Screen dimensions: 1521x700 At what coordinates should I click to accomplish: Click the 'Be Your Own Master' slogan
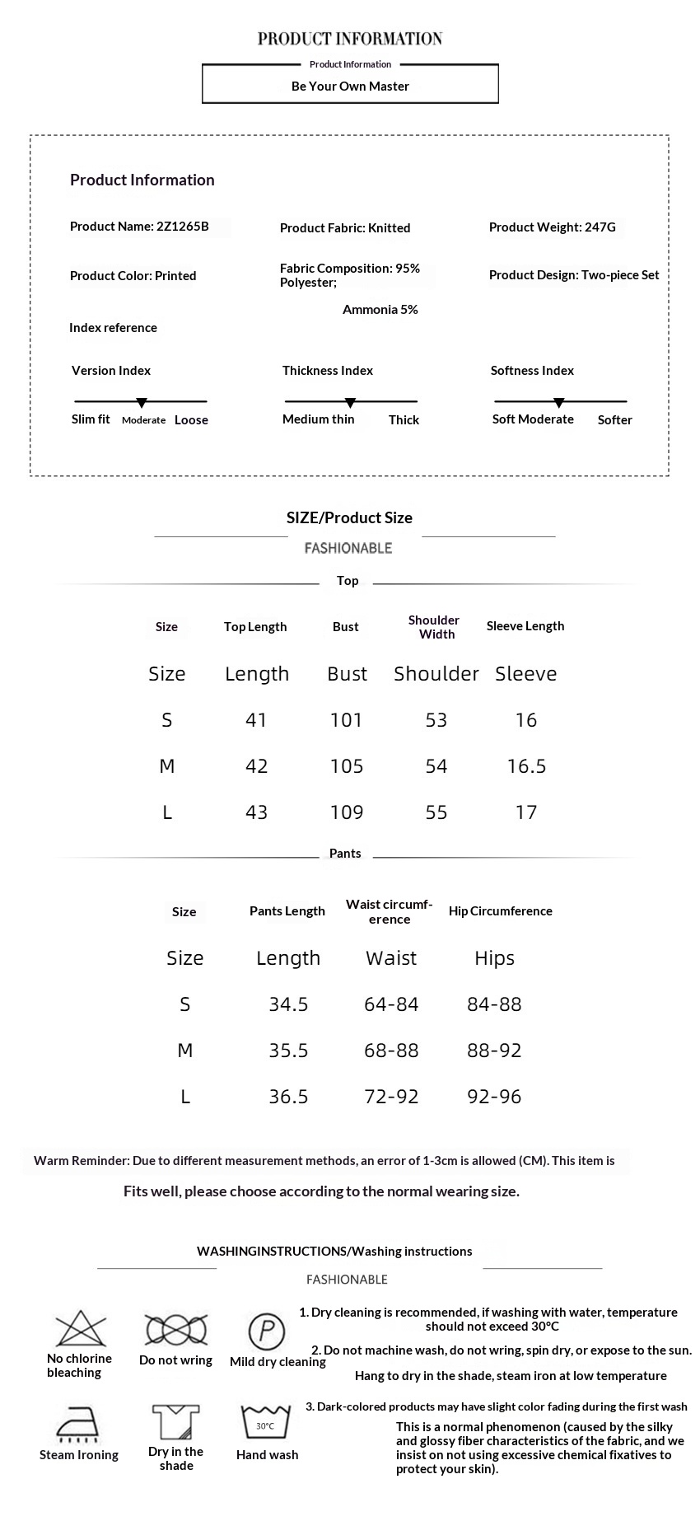[350, 86]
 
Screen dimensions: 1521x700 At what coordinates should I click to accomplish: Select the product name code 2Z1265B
[182, 227]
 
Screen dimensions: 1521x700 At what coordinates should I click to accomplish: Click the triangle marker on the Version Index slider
[142, 403]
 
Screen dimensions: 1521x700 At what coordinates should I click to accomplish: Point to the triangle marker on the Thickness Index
[350, 403]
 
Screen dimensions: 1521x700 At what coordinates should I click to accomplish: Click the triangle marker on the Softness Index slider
[559, 403]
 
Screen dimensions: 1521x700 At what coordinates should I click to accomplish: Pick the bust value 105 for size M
[346, 766]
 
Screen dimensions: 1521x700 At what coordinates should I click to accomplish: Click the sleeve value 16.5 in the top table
[526, 766]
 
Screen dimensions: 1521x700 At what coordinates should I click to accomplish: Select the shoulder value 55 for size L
[436, 812]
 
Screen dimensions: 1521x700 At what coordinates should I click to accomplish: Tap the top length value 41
[256, 720]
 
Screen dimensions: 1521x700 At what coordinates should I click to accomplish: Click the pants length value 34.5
[288, 1004]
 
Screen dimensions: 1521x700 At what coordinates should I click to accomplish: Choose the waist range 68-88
[391, 1051]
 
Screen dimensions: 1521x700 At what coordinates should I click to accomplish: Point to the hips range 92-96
[494, 1097]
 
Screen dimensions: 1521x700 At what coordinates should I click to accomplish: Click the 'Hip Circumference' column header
[500, 911]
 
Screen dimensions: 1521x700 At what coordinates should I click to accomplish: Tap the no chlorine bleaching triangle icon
[81, 1329]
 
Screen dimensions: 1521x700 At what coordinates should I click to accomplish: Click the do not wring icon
[175, 1330]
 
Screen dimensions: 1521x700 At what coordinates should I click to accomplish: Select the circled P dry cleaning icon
[266, 1331]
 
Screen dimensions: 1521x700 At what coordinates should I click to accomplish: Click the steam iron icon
[78, 1424]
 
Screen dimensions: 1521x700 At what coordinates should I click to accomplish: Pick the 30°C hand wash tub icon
[266, 1423]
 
